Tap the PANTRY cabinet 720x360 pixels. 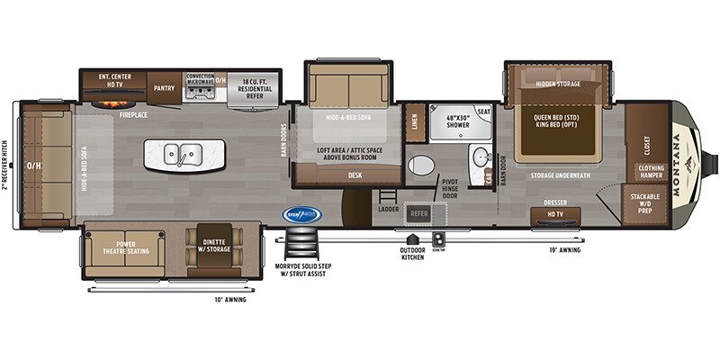pyautogui.click(x=164, y=88)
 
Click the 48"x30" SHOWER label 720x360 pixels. pyautogui.click(x=451, y=120)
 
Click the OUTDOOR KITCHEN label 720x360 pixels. pyautogui.click(x=413, y=255)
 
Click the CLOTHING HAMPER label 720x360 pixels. pyautogui.click(x=651, y=171)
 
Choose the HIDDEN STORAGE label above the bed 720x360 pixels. pyautogui.click(x=557, y=84)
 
